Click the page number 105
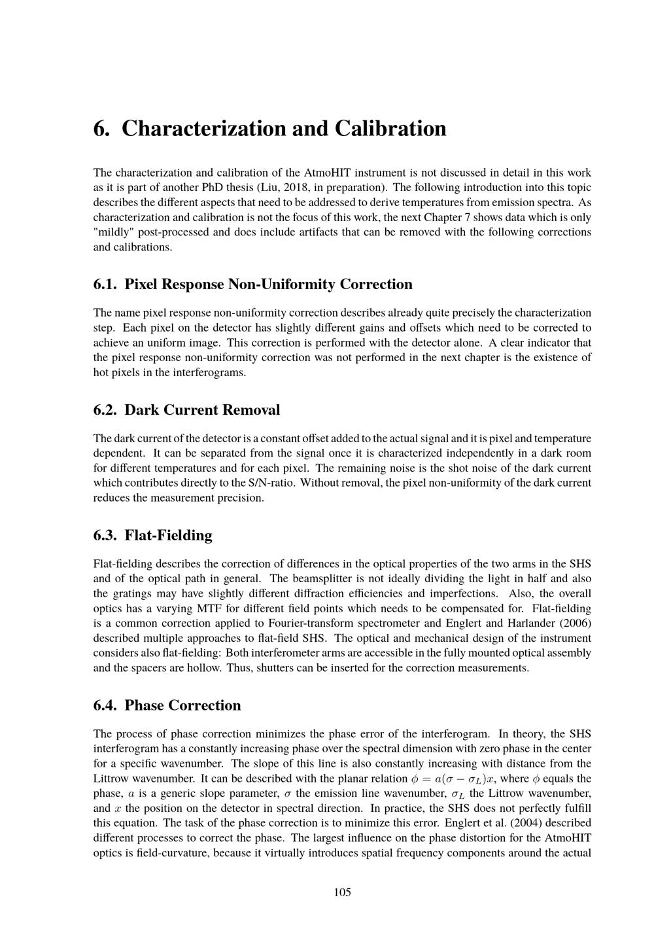pos(342,892)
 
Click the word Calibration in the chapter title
pos(390,128)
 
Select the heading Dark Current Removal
pos(202,410)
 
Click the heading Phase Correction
pos(182,705)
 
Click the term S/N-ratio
pos(273,483)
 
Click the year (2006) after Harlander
pos(572,623)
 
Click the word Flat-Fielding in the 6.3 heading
pos(169,536)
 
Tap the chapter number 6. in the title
pos(101,128)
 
